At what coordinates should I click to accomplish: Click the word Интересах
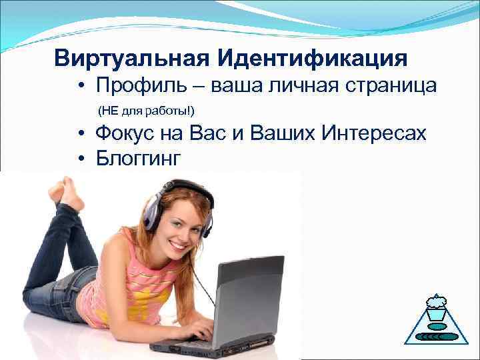(373, 133)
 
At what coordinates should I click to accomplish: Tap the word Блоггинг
(138, 157)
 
